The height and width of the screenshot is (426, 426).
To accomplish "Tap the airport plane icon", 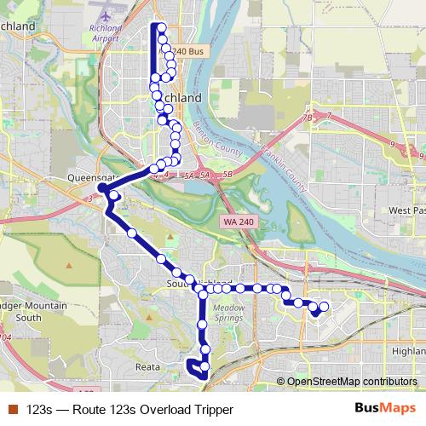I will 105,16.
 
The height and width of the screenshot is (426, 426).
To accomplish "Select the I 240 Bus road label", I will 187,52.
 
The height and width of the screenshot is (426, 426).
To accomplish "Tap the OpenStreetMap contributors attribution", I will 351,382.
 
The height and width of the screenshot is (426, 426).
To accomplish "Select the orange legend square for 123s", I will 14,410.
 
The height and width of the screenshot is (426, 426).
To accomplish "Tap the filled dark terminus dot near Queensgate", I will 101,187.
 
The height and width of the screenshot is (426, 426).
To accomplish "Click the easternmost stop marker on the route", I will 324,306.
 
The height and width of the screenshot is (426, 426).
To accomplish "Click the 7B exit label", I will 307,117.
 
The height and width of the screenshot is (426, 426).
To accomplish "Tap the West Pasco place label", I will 407,210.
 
